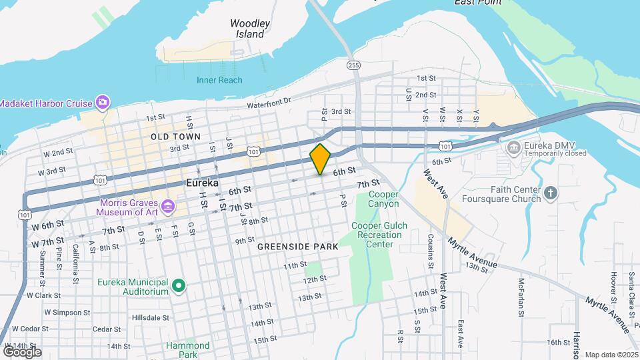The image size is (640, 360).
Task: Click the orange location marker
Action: pos(321,159)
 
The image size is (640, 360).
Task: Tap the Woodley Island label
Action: pos(250,28)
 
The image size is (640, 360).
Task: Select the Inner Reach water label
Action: pos(219,80)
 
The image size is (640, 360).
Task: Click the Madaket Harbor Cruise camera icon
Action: pos(102,102)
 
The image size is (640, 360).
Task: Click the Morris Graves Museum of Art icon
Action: pos(168,206)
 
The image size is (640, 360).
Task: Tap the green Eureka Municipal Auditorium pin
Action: pos(178,286)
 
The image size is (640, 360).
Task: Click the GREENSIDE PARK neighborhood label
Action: pos(298,247)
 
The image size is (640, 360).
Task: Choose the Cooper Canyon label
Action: pos(383,199)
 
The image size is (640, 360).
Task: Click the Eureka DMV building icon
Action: pos(513,147)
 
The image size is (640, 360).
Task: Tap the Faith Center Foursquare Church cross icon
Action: pos(550,193)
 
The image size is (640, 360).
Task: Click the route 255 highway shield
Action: pos(353,65)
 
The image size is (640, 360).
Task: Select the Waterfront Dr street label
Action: pos(269,101)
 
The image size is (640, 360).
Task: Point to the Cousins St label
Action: pos(431,251)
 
